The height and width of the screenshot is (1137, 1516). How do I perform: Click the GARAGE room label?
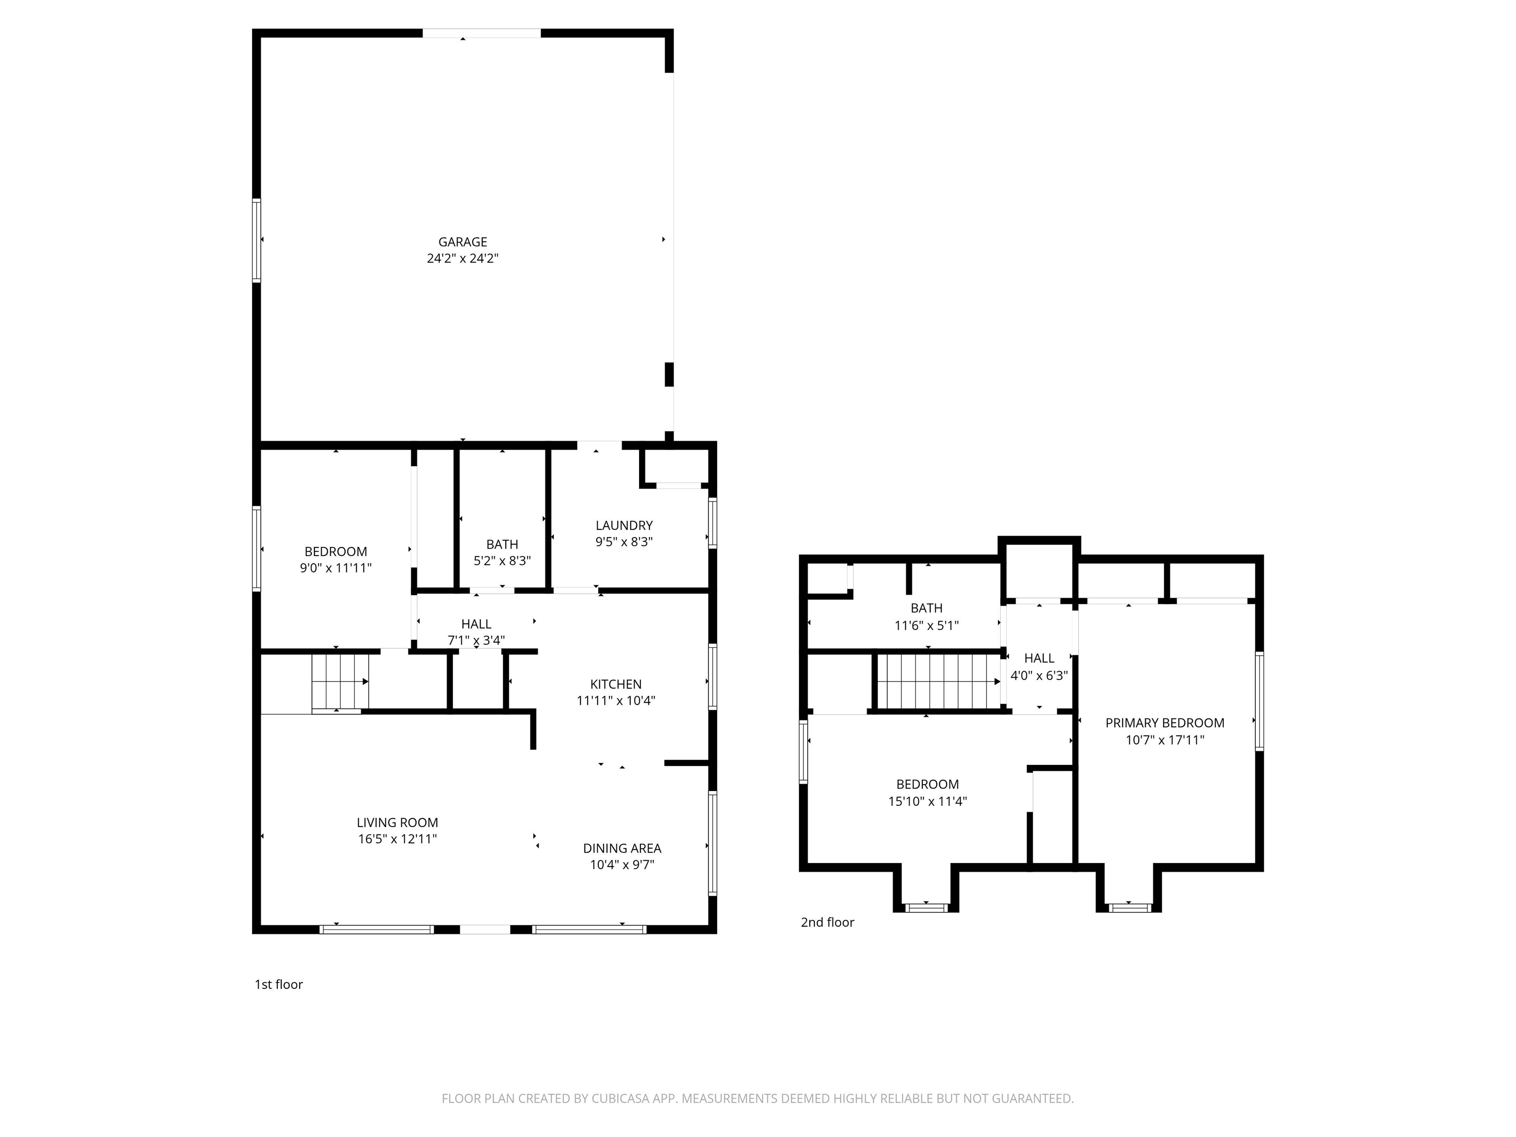pyautogui.click(x=462, y=242)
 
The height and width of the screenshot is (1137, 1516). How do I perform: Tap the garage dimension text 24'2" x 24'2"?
pyautogui.click(x=462, y=259)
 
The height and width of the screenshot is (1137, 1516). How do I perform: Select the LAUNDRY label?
pyautogui.click(x=624, y=526)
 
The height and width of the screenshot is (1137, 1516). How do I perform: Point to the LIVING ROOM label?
pyautogui.click(x=397, y=823)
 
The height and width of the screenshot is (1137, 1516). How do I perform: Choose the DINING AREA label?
pyautogui.click(x=622, y=848)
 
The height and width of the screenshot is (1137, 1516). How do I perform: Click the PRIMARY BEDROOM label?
pyautogui.click(x=1165, y=723)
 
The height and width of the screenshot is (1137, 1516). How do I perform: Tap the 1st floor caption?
pyautogui.click(x=278, y=984)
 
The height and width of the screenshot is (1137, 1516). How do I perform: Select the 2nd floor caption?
pyautogui.click(x=827, y=922)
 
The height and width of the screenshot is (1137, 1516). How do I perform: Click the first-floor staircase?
pyautogui.click(x=341, y=682)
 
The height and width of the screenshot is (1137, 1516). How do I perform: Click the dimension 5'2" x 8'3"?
pyautogui.click(x=502, y=561)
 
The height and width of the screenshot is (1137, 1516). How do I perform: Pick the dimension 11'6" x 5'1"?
pyautogui.click(x=927, y=625)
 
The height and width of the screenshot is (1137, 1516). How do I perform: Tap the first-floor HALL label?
pyautogui.click(x=476, y=624)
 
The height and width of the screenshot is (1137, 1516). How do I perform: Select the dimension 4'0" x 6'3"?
pyautogui.click(x=1039, y=675)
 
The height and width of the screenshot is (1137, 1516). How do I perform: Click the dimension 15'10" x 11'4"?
pyautogui.click(x=927, y=801)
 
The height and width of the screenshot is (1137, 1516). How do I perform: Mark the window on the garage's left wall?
pyautogui.click(x=256, y=240)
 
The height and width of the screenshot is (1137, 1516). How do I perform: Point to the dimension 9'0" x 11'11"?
pyautogui.click(x=336, y=568)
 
